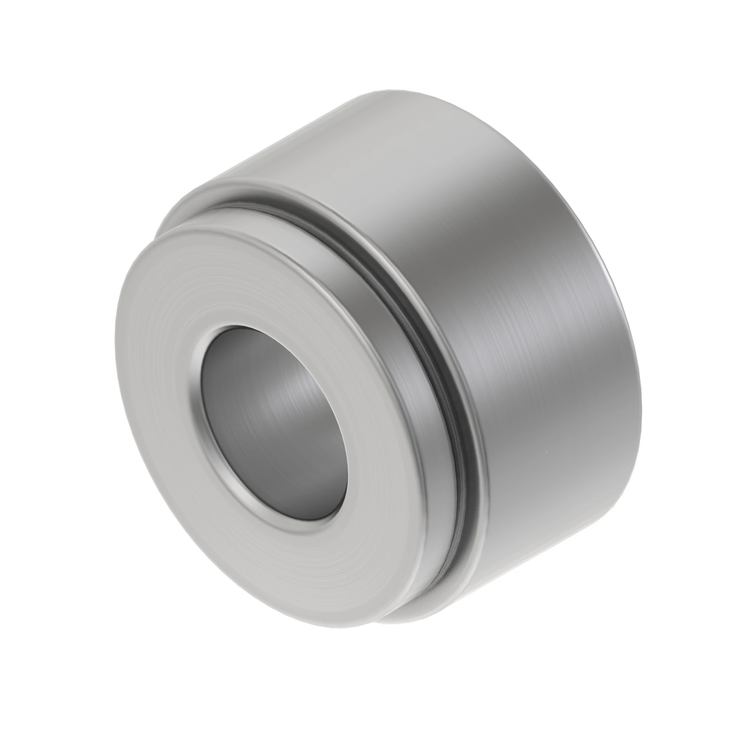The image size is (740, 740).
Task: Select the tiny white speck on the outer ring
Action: coord(542,454)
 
